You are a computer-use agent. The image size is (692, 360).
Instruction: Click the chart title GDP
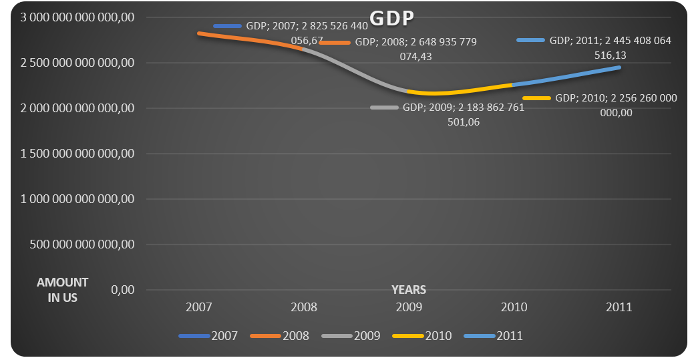click(x=391, y=19)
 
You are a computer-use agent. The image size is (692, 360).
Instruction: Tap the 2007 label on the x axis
click(x=199, y=307)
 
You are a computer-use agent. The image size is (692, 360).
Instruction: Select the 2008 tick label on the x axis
click(x=304, y=307)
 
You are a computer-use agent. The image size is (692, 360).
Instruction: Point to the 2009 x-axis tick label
click(x=409, y=307)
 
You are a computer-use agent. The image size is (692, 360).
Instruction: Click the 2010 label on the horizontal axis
click(x=514, y=307)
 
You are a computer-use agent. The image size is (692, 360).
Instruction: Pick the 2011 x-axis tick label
click(x=619, y=307)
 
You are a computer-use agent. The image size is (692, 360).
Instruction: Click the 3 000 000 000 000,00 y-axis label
click(x=78, y=17)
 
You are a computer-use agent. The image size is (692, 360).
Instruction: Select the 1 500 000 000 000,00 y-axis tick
click(x=78, y=154)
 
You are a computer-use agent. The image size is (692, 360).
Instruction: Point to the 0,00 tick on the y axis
click(x=123, y=290)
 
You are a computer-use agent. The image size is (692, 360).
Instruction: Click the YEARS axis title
click(x=409, y=290)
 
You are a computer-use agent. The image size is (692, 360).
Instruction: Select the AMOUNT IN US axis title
click(x=63, y=290)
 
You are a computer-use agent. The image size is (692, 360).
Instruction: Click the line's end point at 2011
click(x=619, y=67)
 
